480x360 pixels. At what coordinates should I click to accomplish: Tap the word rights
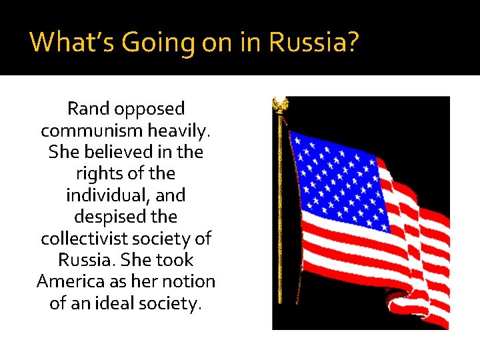[99, 173]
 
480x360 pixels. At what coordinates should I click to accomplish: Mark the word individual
[108, 195]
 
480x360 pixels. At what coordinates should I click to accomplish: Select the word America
[69, 281]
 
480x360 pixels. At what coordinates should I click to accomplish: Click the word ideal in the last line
[131, 303]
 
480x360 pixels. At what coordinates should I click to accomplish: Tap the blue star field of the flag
[341, 180]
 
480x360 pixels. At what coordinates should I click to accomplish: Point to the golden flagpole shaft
[279, 220]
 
